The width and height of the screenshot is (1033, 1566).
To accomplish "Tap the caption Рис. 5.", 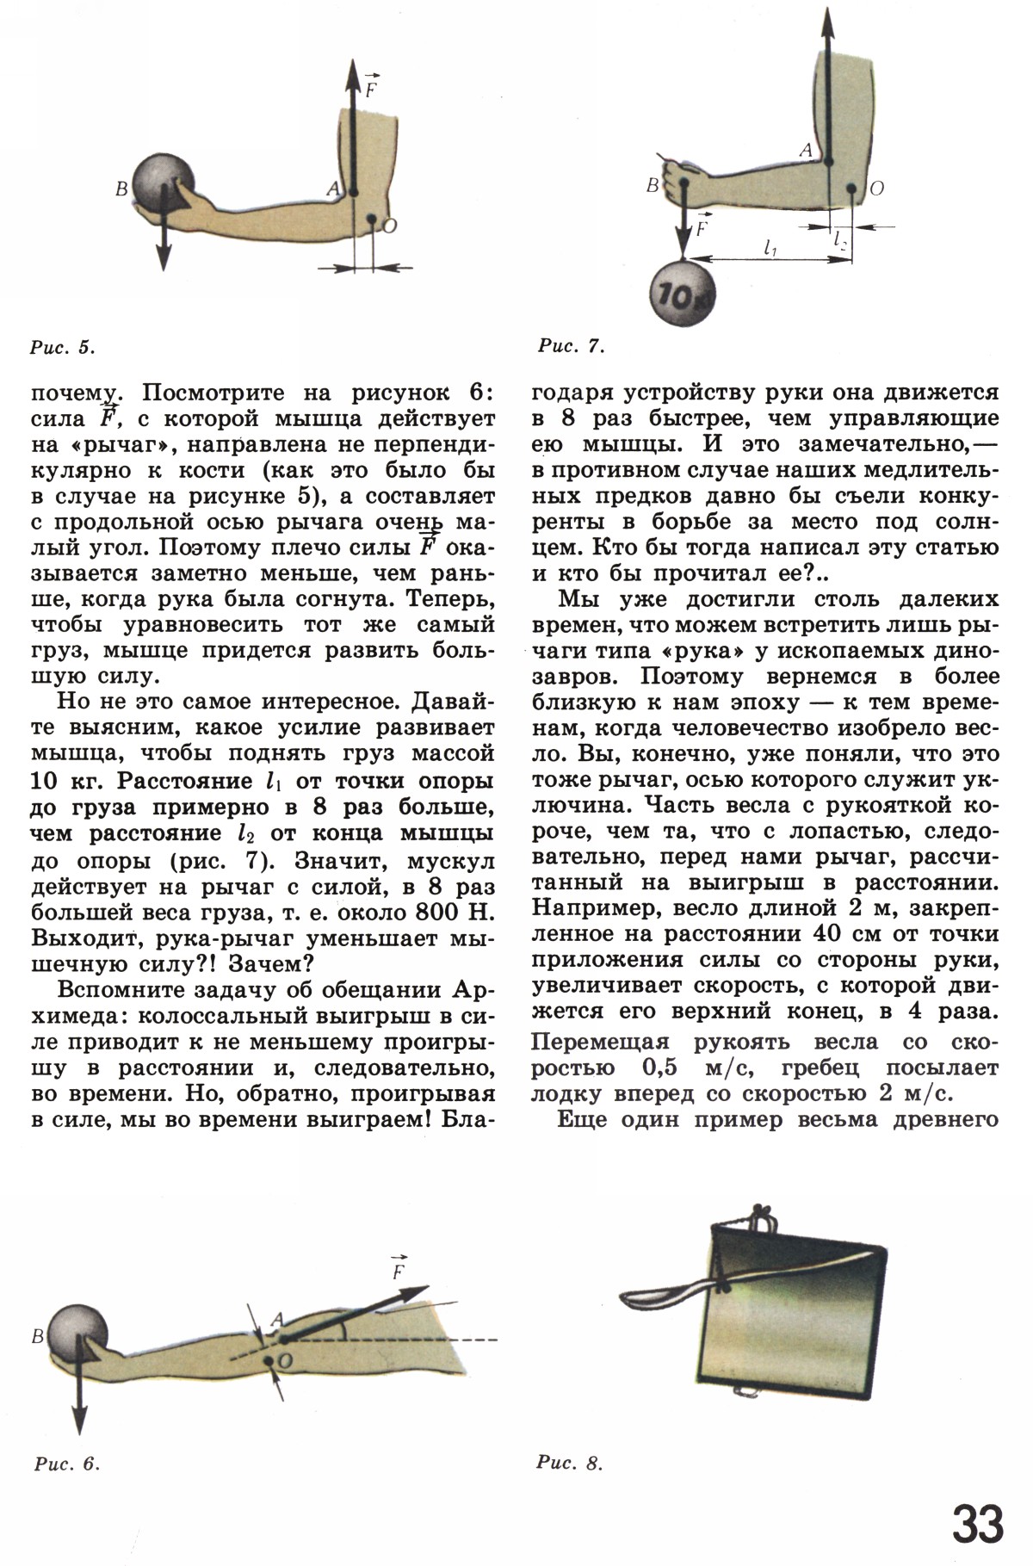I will pos(61,348).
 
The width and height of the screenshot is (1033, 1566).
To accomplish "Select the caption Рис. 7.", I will pos(571,347).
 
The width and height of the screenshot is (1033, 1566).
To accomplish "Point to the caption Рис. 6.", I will pos(67,1464).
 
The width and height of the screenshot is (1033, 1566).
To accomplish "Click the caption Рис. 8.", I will pos(570,1463).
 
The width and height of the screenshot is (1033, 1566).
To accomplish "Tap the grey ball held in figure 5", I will pos(164,184).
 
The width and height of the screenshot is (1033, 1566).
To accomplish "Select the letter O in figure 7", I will pos(877,189).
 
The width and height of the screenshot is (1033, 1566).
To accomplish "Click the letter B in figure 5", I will pos(121,189).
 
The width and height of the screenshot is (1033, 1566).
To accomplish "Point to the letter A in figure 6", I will pos(276,1320).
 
